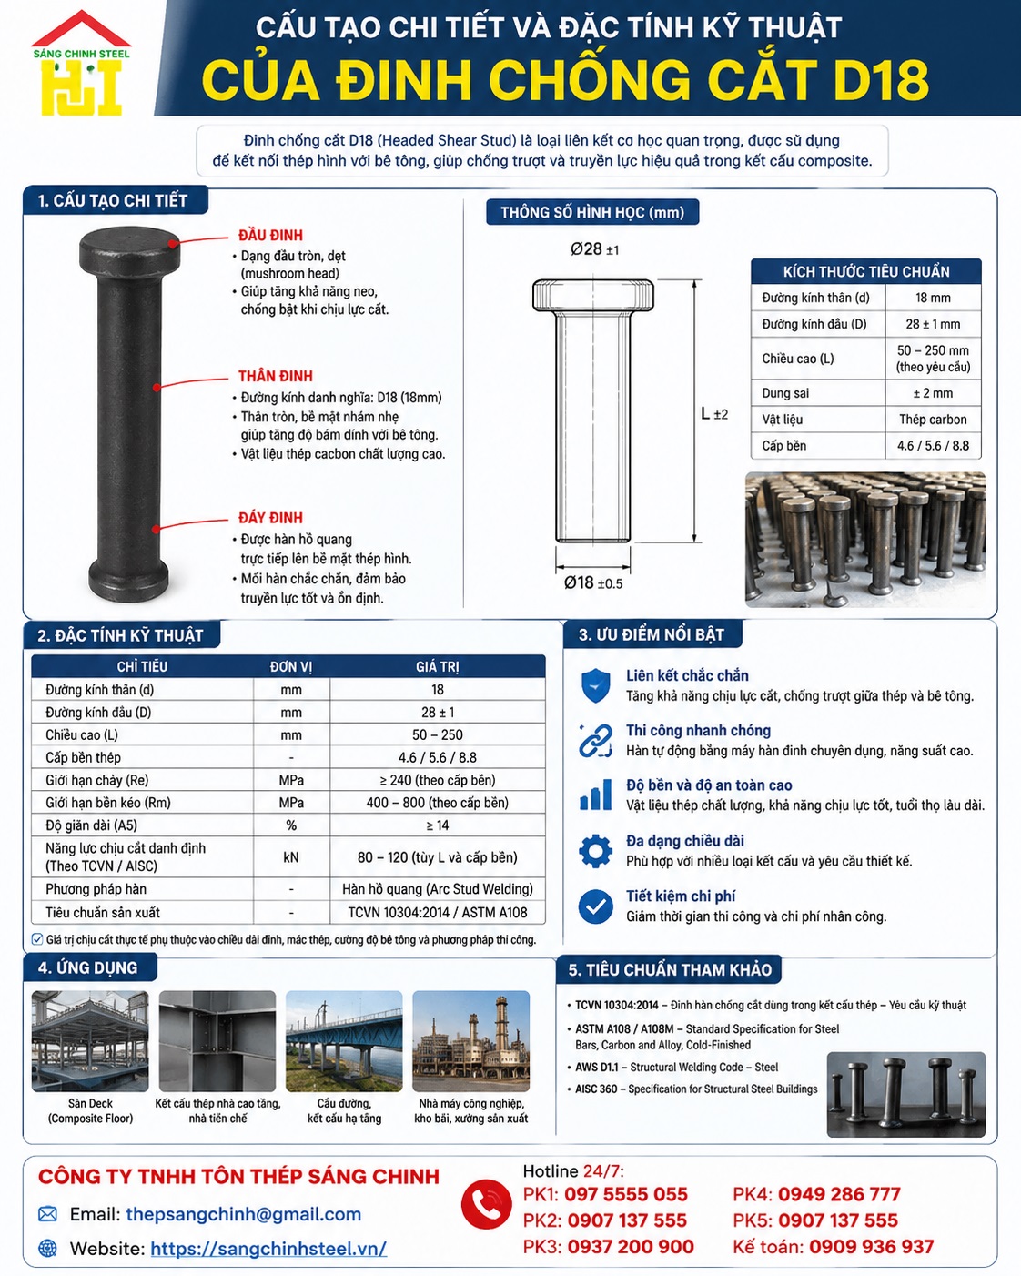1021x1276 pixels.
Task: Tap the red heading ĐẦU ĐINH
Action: click(x=270, y=235)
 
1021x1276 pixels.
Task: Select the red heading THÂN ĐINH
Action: click(x=275, y=376)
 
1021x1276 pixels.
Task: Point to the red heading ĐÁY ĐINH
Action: click(x=270, y=518)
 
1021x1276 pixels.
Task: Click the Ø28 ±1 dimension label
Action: click(x=594, y=249)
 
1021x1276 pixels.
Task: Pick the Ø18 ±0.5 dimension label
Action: click(x=593, y=582)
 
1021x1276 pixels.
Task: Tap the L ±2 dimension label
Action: click(x=713, y=414)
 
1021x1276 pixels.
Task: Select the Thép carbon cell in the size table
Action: click(x=933, y=420)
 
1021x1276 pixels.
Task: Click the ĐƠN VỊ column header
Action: click(x=290, y=666)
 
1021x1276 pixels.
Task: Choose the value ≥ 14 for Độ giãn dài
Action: click(x=438, y=825)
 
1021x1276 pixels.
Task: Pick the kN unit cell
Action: click(x=290, y=857)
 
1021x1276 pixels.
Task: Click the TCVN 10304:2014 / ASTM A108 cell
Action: click(x=438, y=912)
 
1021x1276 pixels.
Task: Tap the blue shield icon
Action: click(x=595, y=685)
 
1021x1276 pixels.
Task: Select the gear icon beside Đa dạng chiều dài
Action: click(x=595, y=851)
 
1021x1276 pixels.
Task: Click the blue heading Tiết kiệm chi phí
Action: click(x=681, y=896)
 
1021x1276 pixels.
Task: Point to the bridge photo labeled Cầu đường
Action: click(x=344, y=1041)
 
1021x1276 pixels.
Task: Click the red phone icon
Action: click(x=486, y=1204)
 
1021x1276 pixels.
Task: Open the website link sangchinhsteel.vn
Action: click(x=268, y=1248)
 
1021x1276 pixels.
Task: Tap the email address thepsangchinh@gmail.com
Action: click(x=243, y=1214)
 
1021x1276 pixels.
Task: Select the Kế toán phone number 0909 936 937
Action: click(x=871, y=1246)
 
